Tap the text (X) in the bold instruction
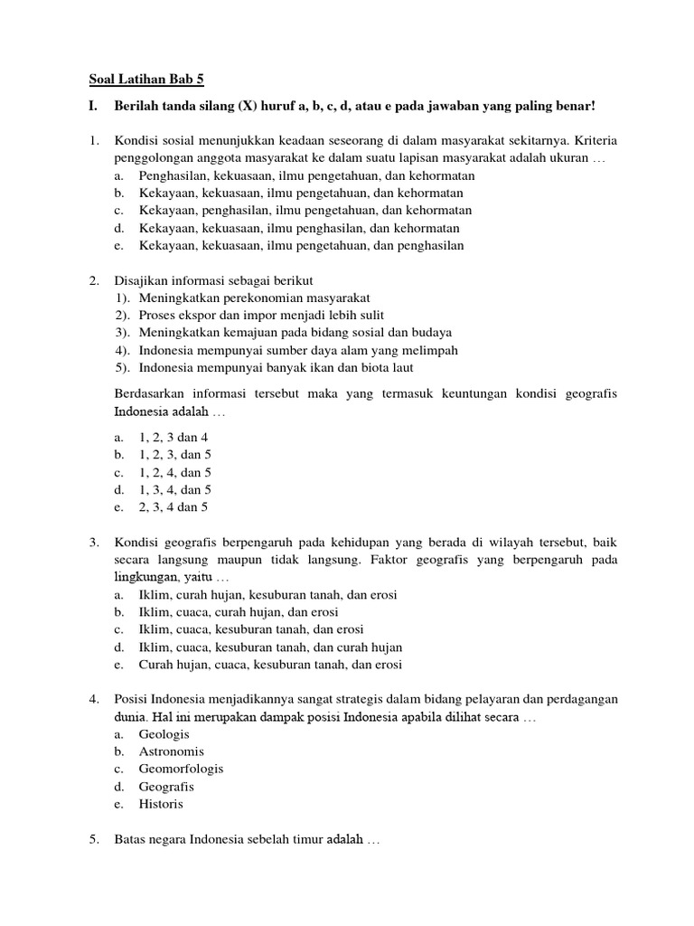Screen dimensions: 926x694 click(x=249, y=107)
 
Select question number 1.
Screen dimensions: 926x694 click(x=93, y=142)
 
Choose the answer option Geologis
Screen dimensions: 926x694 click(x=164, y=734)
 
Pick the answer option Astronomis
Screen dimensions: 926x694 click(x=172, y=751)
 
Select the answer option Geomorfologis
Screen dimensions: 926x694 click(x=181, y=769)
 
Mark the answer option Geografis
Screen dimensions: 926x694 click(x=166, y=787)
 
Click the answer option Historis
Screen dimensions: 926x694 click(x=161, y=804)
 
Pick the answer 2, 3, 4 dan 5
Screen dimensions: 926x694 click(x=173, y=507)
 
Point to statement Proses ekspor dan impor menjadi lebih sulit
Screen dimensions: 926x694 click(x=261, y=315)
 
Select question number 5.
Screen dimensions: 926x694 click(x=93, y=840)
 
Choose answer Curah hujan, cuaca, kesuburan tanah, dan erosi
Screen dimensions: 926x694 click(x=270, y=665)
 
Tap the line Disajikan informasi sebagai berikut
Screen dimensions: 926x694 click(x=213, y=280)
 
